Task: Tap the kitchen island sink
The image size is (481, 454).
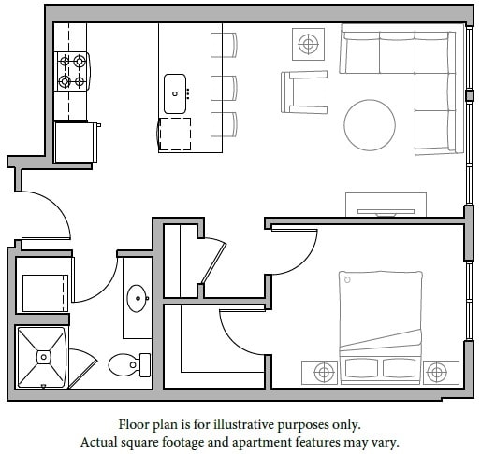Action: pos(175,92)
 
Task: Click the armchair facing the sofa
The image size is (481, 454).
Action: pos(305,92)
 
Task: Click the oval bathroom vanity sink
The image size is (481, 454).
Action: pos(138,300)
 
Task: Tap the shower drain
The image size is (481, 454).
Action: pos(43,355)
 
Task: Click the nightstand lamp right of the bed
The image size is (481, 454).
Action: pos(436,372)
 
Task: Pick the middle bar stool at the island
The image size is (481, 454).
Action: pos(224,88)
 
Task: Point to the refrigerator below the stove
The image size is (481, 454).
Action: pos(74,141)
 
